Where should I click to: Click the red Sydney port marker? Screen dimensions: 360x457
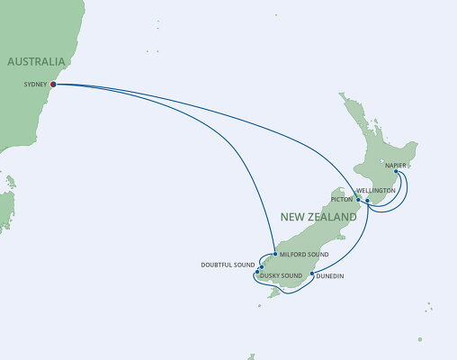(53, 85)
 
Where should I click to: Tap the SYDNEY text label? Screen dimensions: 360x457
(34, 85)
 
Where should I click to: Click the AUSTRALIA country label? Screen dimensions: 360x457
(37, 61)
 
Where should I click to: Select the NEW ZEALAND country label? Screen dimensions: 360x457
(318, 216)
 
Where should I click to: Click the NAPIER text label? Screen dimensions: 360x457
(397, 166)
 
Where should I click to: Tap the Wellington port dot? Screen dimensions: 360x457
(368, 201)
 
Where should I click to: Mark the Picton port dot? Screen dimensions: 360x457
(358, 200)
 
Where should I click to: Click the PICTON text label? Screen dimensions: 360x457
(342, 198)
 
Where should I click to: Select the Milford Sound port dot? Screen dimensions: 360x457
(273, 256)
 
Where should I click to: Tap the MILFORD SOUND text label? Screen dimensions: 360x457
(303, 256)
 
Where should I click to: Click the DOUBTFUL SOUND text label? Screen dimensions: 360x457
(228, 265)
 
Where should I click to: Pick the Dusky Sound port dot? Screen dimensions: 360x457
(256, 273)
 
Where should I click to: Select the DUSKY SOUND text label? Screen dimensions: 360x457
(281, 275)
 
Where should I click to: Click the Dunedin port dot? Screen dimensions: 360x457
(312, 274)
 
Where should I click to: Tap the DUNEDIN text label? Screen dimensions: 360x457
(331, 277)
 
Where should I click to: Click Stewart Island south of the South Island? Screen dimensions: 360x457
(261, 305)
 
